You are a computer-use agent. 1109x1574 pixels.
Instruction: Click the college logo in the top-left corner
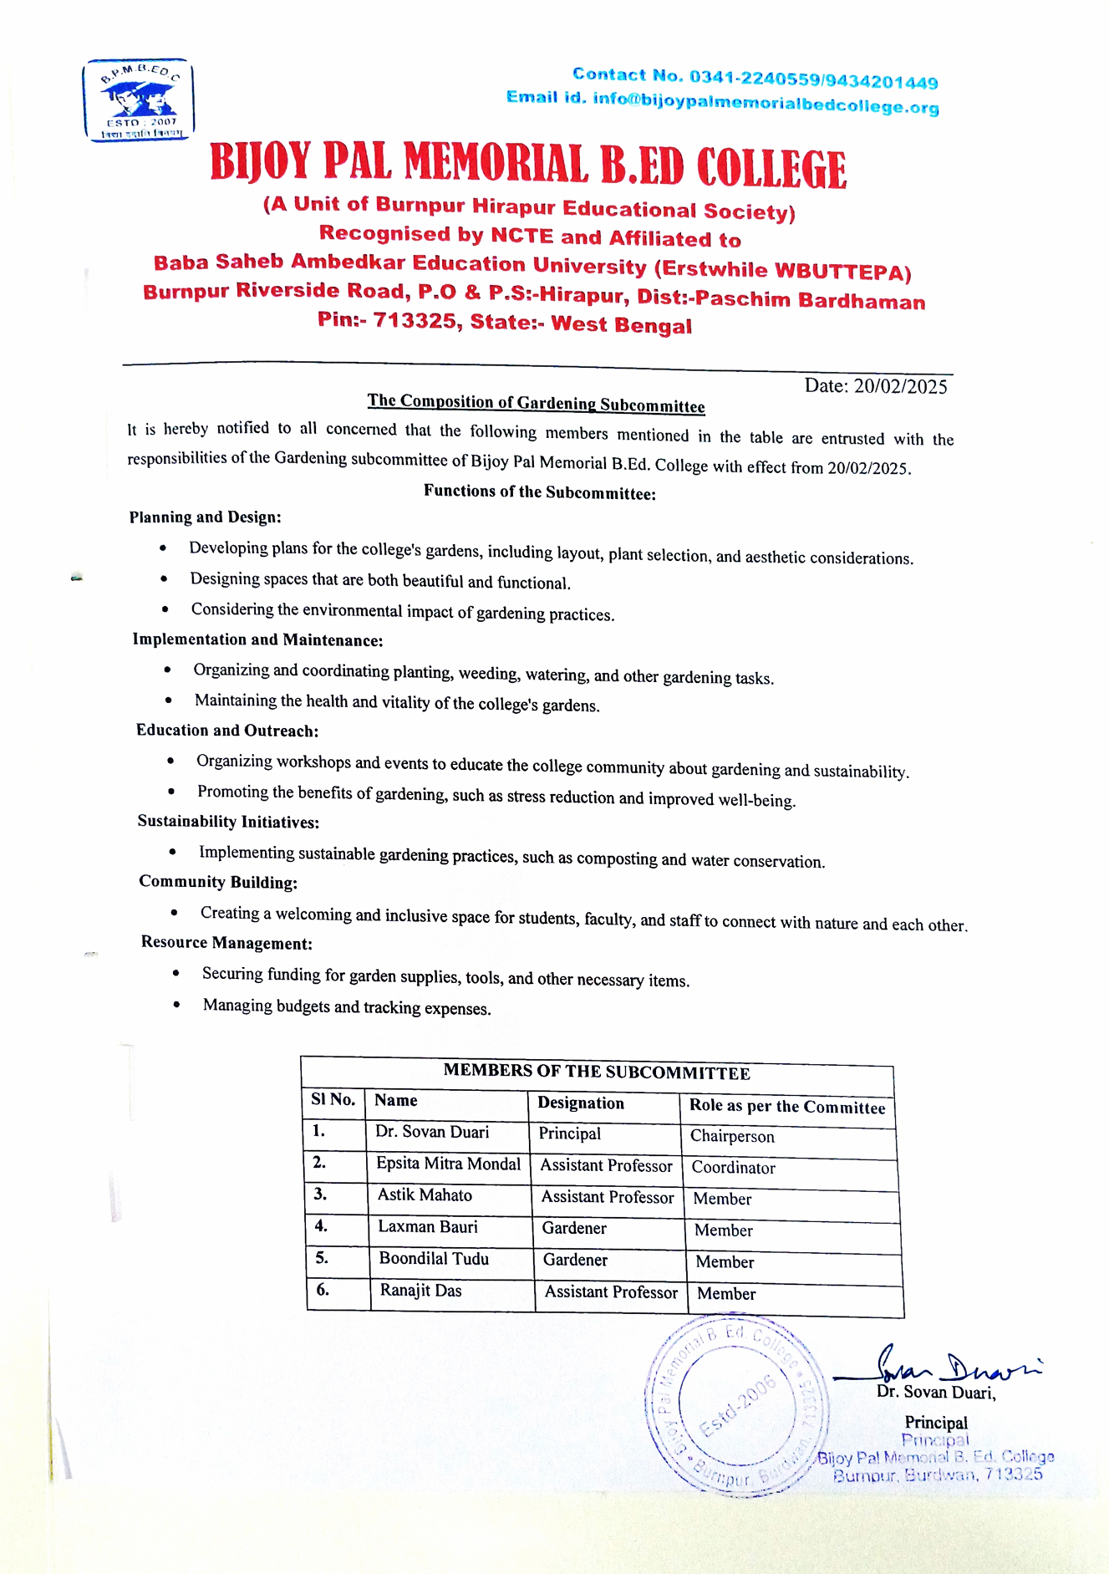139,100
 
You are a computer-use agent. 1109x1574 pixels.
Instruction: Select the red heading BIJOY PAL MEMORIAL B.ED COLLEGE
528,165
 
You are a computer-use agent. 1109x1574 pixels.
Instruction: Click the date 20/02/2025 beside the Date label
900,386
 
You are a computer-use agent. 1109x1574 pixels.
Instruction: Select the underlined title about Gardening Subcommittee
536,403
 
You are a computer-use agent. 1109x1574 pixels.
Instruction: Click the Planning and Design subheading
205,517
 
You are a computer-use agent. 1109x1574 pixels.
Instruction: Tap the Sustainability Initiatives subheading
228,822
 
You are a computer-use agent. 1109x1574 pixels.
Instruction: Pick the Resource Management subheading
226,943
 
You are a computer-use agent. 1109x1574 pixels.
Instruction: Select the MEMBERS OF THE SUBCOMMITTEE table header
597,1072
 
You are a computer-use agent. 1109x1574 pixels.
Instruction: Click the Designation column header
581,1103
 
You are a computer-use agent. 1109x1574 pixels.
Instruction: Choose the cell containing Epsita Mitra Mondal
448,1164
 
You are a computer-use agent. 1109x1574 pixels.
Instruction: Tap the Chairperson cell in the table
732,1137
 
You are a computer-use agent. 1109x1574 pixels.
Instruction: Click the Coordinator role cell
733,1168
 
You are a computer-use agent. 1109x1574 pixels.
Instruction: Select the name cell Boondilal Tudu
434,1259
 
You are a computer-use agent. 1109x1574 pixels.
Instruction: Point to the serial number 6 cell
323,1290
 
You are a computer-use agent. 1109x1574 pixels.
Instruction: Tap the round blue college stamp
736,1404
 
